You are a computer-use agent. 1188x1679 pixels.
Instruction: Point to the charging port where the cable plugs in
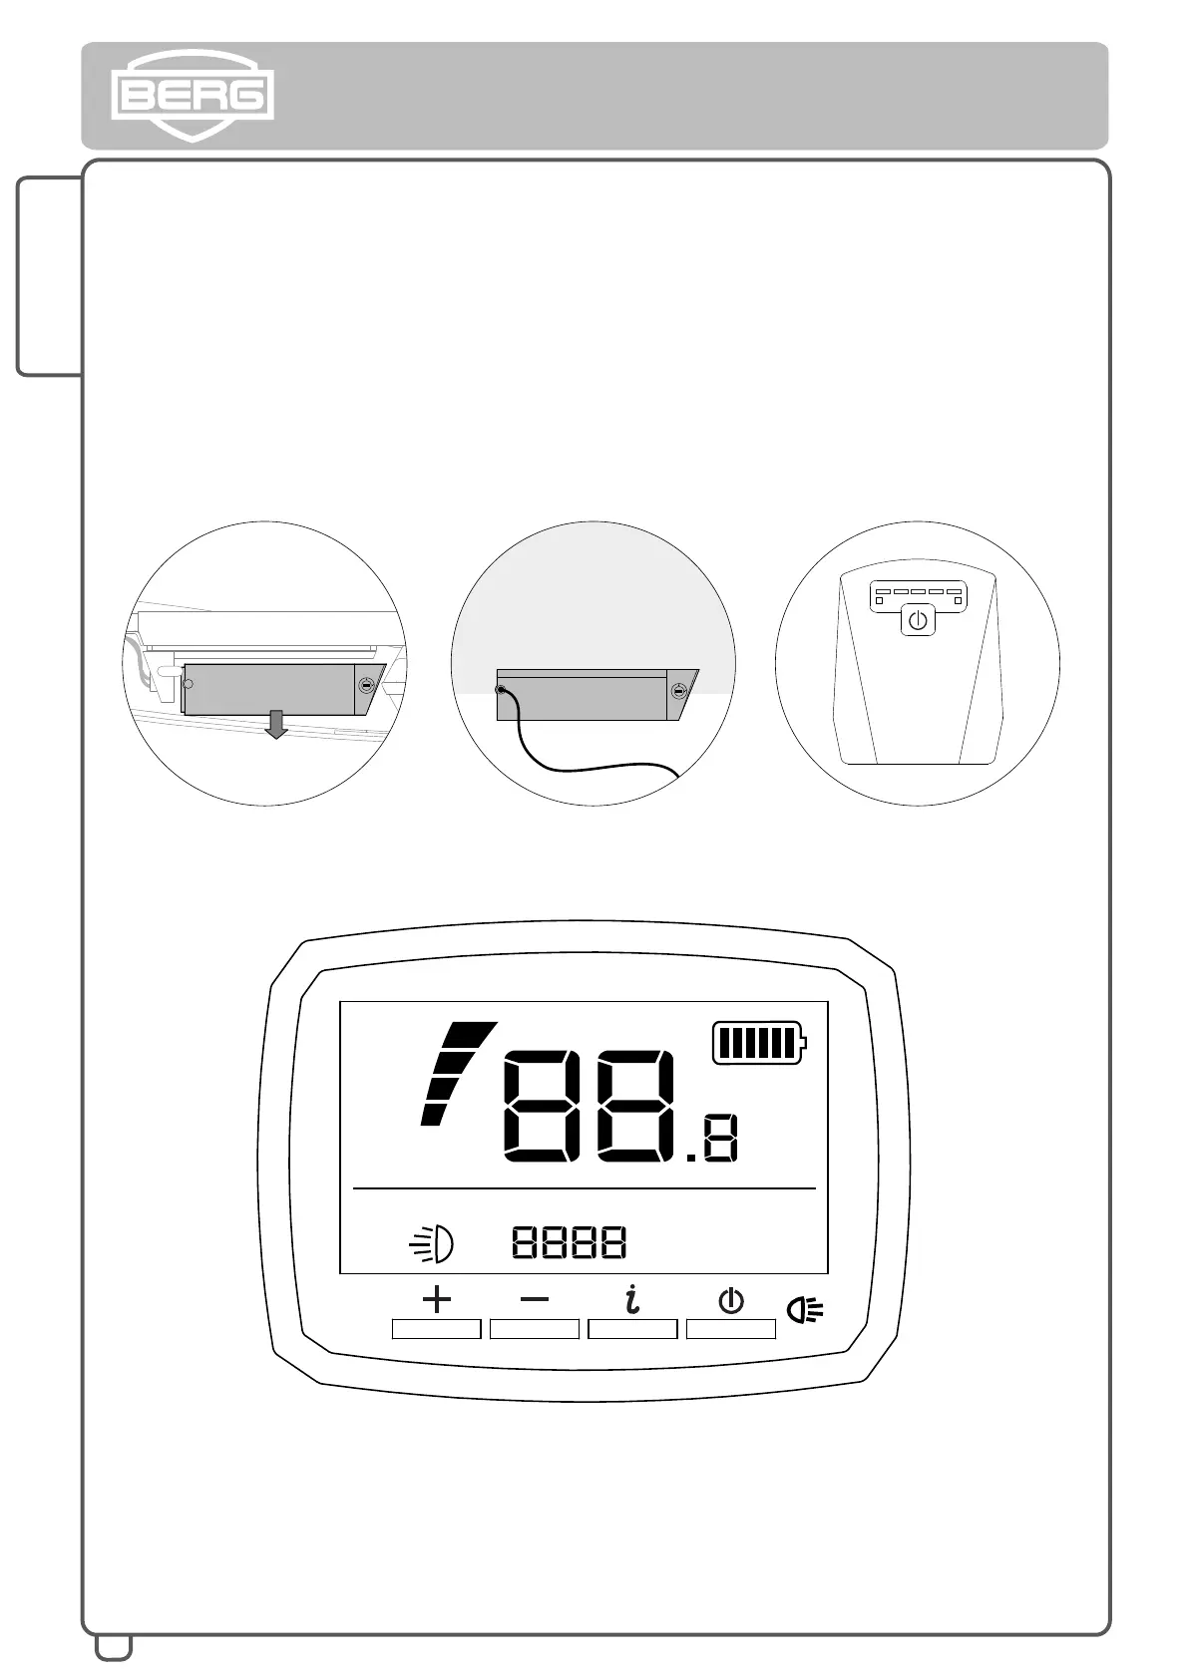tap(502, 689)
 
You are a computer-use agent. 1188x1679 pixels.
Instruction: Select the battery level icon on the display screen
tap(759, 1043)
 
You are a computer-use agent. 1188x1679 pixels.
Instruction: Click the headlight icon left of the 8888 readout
tap(433, 1243)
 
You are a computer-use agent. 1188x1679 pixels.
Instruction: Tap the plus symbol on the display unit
tap(436, 1299)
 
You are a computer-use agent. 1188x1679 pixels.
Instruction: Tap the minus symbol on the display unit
tap(535, 1299)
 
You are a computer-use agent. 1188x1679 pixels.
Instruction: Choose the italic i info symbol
tap(631, 1299)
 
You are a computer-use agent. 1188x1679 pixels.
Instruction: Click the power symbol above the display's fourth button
tap(731, 1300)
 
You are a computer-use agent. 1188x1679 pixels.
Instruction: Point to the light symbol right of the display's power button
tap(805, 1309)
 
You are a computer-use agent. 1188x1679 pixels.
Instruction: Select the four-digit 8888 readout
tap(570, 1242)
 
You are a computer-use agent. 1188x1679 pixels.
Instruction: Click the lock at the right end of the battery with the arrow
tap(366, 686)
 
